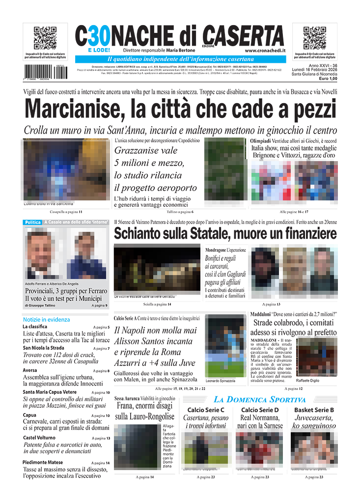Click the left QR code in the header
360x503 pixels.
coord(45,38)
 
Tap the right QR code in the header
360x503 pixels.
coord(315,38)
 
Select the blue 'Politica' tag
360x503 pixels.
coord(32,223)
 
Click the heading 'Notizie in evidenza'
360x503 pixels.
coord(46,319)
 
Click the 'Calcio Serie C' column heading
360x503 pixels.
coord(206,410)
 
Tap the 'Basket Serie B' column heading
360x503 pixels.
coord(314,410)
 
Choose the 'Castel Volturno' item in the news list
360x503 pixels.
coord(39,438)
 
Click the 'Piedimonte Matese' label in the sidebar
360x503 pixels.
coord(43,462)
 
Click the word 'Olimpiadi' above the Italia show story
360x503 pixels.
coord(260,141)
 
